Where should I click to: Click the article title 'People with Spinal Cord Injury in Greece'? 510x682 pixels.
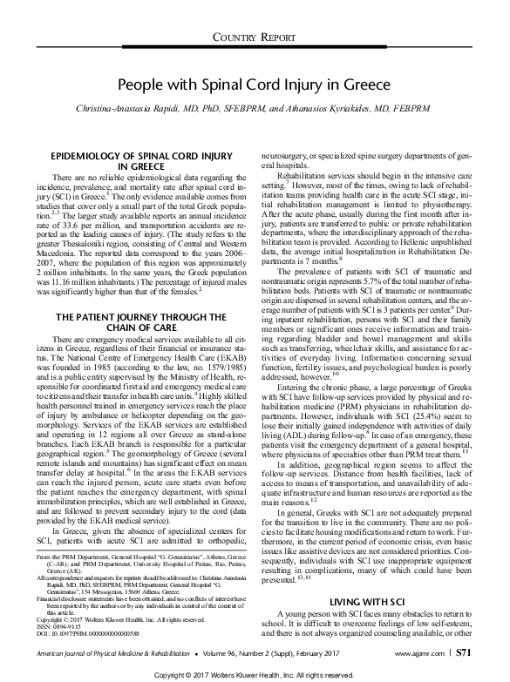point(255,86)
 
